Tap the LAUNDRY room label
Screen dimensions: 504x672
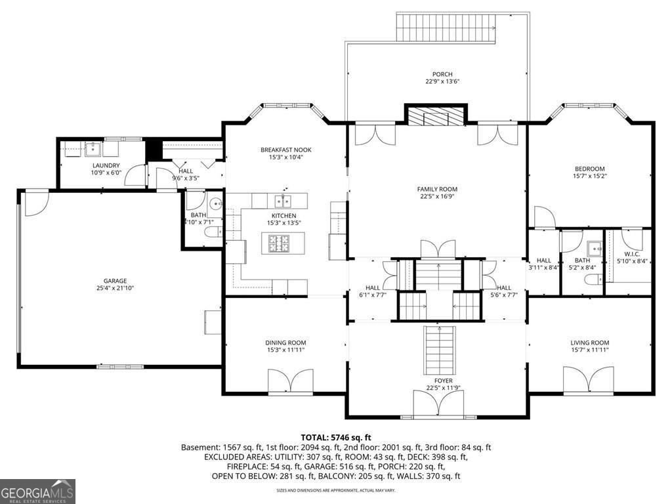coord(106,166)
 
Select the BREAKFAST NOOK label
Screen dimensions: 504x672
coord(285,150)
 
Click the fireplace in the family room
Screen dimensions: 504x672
coord(436,117)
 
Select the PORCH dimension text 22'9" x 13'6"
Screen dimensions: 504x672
coord(442,82)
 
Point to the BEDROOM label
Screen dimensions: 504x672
coord(589,169)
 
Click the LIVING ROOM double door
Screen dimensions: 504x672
coord(590,381)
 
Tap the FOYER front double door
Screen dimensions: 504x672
coord(436,404)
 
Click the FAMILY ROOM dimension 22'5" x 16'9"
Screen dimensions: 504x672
coord(437,196)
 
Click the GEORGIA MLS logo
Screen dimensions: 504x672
coord(38,491)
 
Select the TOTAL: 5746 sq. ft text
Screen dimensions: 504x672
coord(336,437)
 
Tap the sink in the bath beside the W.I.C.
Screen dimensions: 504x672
coord(595,249)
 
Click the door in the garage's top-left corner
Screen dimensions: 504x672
coord(36,200)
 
